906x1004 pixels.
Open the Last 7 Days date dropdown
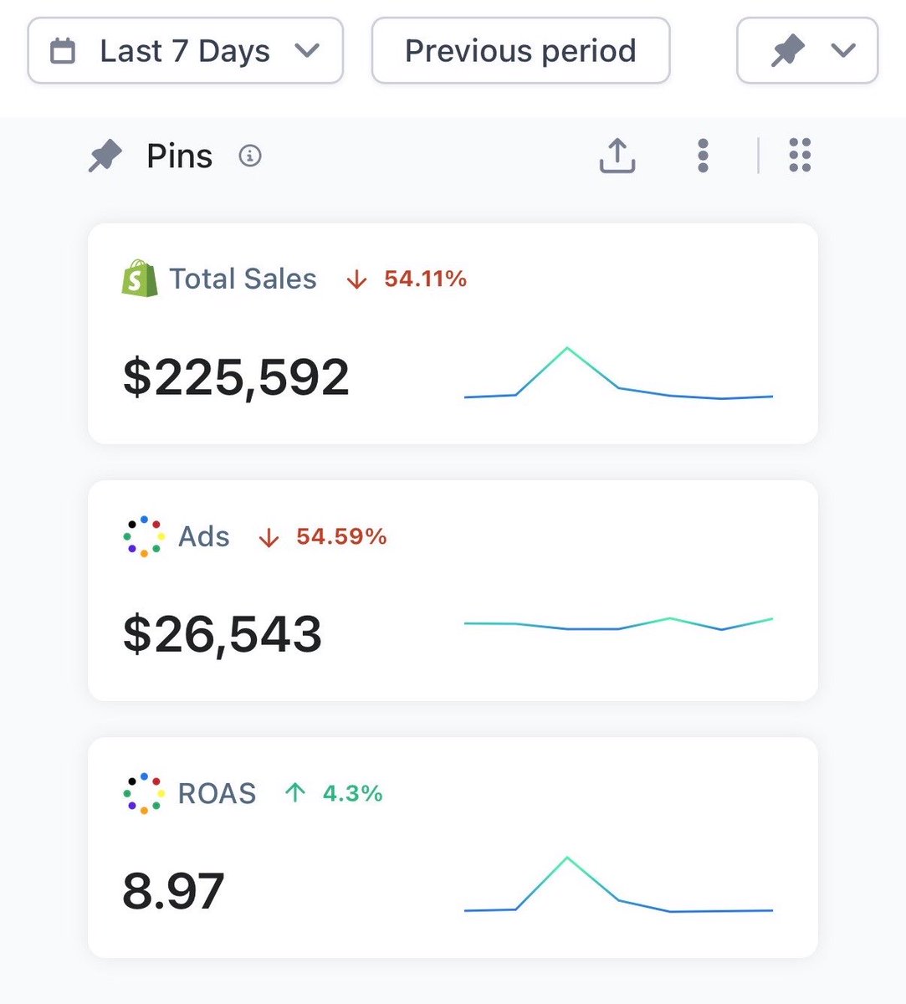185,50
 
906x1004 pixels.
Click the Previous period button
520,50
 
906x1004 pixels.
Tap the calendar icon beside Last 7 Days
63,50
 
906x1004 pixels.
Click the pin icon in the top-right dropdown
788,50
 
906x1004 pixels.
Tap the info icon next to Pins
250,156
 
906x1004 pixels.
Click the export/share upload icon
617,156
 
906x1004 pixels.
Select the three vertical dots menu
703,156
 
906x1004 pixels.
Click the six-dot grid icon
800,155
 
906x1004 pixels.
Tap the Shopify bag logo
140,279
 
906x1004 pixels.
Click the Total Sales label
243,279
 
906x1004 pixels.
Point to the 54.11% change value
426,279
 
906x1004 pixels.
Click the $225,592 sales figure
236,377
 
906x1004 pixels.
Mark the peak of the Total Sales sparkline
567,347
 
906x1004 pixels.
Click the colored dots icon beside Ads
144,536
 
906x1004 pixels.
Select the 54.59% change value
341,536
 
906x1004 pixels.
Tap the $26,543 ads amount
223,635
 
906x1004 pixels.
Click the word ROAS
217,794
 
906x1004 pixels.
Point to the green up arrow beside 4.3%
295,793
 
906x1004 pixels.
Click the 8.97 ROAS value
173,891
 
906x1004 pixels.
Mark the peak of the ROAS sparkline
567,858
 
